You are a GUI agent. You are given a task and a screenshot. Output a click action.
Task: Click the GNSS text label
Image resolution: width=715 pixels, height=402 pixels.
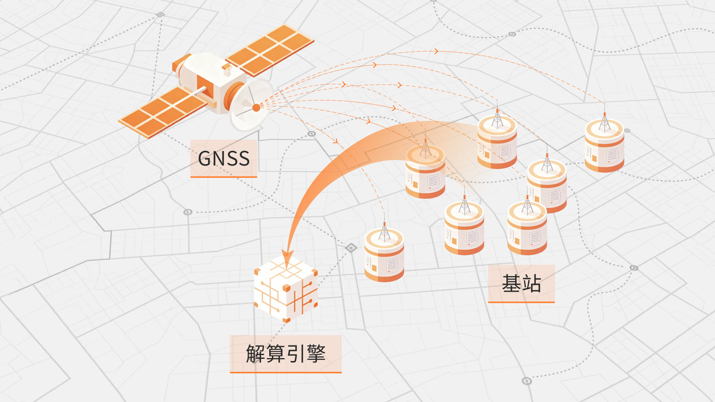(x=223, y=159)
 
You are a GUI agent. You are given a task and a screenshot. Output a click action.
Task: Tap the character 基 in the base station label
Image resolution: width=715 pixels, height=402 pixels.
(x=511, y=284)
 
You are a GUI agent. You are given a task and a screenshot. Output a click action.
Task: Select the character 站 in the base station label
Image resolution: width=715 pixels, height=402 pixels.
(x=532, y=284)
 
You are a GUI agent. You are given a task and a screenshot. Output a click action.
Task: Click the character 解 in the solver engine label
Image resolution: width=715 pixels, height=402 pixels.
(x=256, y=354)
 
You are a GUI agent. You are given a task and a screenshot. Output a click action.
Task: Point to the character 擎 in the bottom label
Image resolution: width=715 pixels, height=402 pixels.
(x=316, y=354)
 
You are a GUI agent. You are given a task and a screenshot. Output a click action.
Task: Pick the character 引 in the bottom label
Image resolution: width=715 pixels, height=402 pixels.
(x=296, y=354)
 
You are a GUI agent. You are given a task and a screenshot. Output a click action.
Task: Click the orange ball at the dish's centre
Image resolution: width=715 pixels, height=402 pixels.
(x=256, y=108)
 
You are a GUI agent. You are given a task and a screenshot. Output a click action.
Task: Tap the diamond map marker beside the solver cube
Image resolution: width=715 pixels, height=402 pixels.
(x=350, y=248)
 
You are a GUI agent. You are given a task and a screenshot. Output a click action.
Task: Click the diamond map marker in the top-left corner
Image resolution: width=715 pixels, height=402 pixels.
(x=160, y=15)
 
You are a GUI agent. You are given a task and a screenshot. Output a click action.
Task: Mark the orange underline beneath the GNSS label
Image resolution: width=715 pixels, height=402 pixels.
(x=223, y=177)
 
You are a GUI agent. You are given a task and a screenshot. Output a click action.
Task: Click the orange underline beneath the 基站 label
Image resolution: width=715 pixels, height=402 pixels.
(x=521, y=302)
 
